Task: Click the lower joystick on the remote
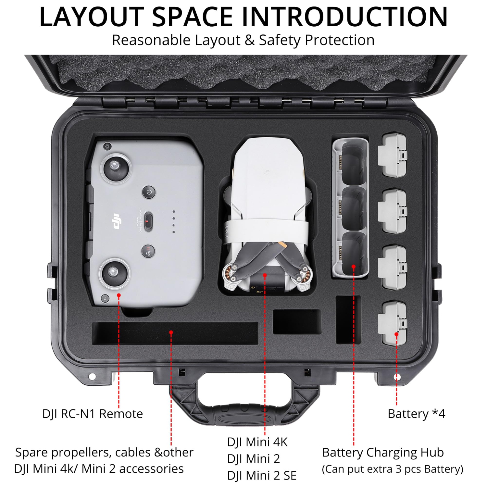114,271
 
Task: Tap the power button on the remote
149,192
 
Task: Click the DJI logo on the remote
117,221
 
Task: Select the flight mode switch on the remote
148,221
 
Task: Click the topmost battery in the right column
393,155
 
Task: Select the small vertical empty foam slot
348,319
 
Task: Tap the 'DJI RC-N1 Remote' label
93,414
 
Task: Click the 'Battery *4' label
416,414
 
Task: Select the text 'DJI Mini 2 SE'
262,476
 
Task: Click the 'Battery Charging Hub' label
383,452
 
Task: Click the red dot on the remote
119,295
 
